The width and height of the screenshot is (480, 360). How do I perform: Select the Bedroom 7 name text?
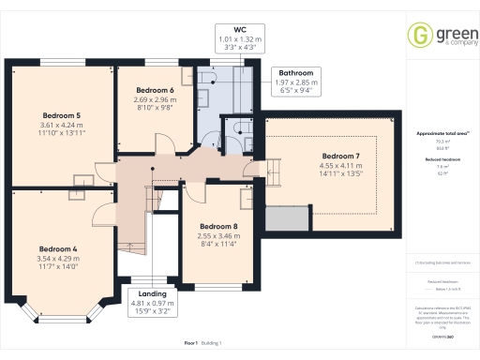(x=340, y=156)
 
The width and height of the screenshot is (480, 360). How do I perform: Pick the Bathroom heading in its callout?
(x=295, y=72)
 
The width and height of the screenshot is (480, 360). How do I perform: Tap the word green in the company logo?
(x=445, y=31)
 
